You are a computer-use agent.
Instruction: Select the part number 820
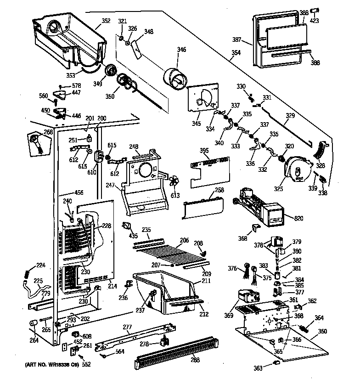298,218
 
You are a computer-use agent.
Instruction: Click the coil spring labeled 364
305,327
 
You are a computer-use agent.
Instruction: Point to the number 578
76,85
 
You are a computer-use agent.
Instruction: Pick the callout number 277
127,328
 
